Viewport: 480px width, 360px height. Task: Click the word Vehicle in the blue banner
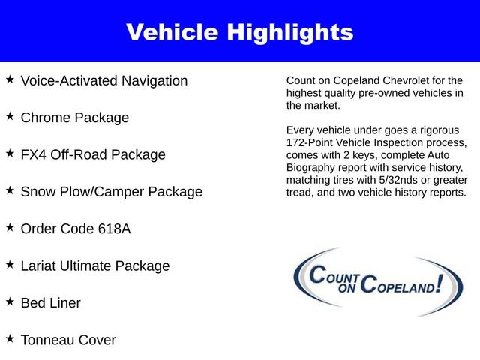[x=174, y=32]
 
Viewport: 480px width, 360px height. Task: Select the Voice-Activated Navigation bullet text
[x=104, y=81]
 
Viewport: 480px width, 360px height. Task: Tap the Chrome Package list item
[x=75, y=118]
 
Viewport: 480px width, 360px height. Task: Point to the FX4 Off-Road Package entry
[x=93, y=154]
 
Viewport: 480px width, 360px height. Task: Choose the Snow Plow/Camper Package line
[x=112, y=191]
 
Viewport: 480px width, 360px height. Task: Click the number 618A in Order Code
[x=114, y=229]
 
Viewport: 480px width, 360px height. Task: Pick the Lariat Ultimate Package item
[x=95, y=265]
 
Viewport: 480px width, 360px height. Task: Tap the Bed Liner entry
[x=51, y=303]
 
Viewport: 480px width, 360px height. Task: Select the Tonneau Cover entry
[x=68, y=340]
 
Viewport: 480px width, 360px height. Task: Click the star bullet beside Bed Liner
[x=10, y=301]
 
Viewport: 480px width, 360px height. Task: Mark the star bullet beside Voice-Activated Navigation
[x=10, y=79]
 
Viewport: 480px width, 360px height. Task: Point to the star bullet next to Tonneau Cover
[x=10, y=337]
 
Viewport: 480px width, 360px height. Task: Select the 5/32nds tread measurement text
[x=399, y=181]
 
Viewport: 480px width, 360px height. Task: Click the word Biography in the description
[x=313, y=168]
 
